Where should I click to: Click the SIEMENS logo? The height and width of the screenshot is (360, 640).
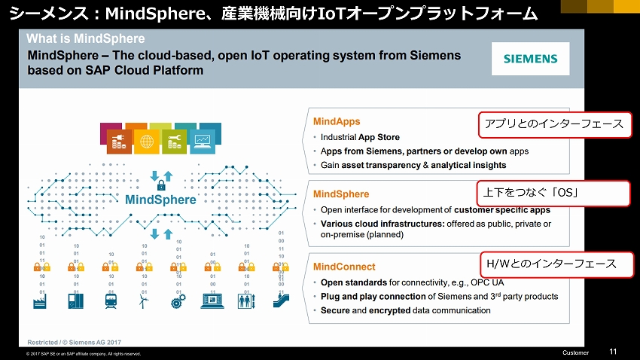pos(530,59)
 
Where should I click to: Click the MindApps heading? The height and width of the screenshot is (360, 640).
pos(337,122)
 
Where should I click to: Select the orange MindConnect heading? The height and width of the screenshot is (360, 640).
pos(344,267)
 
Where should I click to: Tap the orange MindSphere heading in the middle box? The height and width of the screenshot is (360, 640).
pos(341,194)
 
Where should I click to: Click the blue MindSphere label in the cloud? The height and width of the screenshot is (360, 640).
pos(160,200)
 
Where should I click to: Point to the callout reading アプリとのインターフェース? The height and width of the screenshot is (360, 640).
pos(554,124)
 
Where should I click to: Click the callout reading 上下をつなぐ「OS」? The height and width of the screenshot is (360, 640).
pos(553,193)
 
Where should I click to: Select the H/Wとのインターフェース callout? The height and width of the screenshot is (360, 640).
pos(556,264)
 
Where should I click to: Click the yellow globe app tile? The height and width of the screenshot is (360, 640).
pos(147,142)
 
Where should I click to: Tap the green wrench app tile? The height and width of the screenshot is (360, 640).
pos(174,142)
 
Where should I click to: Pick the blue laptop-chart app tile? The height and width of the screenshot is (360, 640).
pos(203,142)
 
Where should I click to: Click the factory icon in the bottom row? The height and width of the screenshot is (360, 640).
pos(40,301)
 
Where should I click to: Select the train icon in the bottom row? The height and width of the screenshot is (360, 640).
pos(111,301)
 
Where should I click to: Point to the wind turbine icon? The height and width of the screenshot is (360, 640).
pos(144,301)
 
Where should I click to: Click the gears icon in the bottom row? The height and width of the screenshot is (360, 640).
pos(178,301)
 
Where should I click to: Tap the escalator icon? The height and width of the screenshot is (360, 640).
pos(282,301)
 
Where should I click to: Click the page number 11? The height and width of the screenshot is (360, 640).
pos(613,352)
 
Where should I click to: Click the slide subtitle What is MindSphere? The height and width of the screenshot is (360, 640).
pos(86,38)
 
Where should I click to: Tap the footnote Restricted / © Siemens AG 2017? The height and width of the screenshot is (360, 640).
pos(75,343)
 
